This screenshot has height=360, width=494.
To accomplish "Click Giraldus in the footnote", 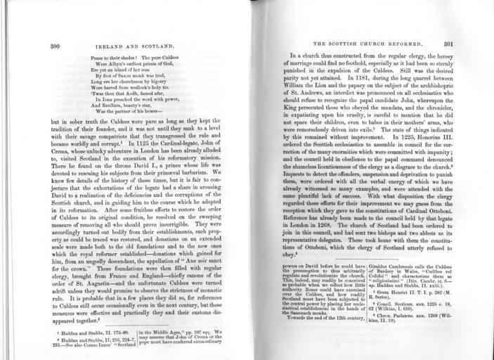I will coord(385,266).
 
